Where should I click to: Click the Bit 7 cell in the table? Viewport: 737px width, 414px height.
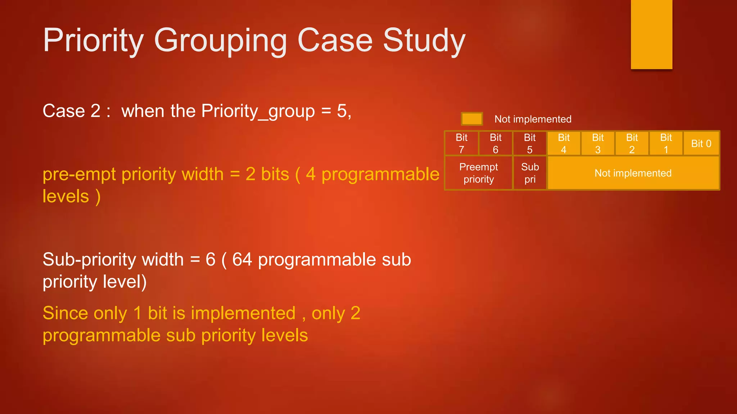point(461,143)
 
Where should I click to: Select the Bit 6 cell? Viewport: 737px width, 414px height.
point(496,143)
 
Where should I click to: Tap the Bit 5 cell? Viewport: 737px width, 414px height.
point(530,143)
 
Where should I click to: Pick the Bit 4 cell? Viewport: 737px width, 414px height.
point(564,143)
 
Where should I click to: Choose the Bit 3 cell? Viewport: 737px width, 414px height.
point(598,143)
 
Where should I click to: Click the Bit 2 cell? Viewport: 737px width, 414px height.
point(632,143)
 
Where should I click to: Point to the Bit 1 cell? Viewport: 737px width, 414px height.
point(666,143)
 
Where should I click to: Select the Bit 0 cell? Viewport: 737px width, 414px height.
point(701,143)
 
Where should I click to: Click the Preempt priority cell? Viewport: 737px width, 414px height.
point(479,173)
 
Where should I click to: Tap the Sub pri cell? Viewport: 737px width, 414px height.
point(530,173)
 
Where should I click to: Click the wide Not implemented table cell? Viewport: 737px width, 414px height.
point(633,173)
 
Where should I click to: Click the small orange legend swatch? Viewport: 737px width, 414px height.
point(472,119)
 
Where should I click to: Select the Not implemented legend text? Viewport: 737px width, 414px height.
point(533,119)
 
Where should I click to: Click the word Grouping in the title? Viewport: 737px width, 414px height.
point(220,41)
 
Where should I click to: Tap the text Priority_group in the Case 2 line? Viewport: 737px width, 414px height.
point(258,111)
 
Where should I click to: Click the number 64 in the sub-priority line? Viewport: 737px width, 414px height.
point(242,259)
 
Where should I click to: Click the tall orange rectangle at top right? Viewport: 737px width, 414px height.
point(651,34)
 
